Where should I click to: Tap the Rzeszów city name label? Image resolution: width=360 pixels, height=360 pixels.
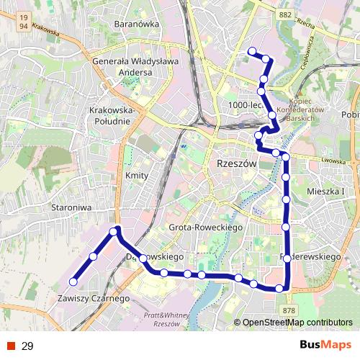237,164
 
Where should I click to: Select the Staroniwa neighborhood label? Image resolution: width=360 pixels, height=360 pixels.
70,207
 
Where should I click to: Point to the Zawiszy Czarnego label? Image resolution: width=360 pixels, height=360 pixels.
94,298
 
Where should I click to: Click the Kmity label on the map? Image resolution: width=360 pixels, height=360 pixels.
136,176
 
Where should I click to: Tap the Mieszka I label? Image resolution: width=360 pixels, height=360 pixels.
327,192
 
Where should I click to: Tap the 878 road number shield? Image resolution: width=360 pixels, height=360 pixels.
289,310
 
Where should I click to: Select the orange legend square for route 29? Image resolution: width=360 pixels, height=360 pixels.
11,346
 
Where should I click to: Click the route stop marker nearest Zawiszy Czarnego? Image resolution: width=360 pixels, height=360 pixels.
73,282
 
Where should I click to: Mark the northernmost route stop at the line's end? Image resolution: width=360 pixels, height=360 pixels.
252,50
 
